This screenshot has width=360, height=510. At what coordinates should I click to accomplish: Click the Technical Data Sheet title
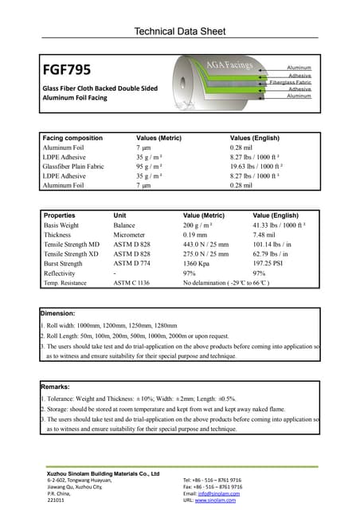pyautogui.click(x=180, y=32)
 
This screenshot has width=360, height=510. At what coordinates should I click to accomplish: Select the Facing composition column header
pyautogui.click(x=72, y=138)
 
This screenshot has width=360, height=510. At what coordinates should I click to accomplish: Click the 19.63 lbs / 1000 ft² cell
pyautogui.click(x=262, y=167)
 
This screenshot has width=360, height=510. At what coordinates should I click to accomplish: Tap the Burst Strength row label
pyautogui.click(x=63, y=263)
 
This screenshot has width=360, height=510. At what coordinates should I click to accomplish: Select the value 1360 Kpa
pyautogui.click(x=199, y=263)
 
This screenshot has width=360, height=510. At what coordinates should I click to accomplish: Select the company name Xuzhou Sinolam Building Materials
pyautogui.click(x=104, y=474)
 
